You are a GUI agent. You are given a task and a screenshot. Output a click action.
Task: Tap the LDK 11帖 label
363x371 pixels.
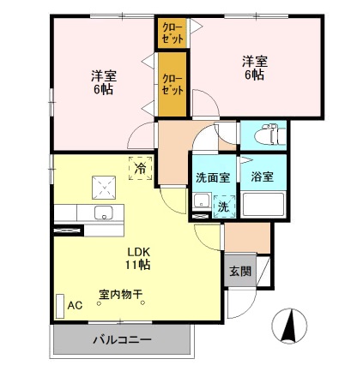(x=139, y=258)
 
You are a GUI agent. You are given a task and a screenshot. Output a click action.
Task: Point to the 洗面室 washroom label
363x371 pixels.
(x=211, y=177)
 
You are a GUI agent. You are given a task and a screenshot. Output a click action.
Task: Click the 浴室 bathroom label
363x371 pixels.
(x=262, y=177)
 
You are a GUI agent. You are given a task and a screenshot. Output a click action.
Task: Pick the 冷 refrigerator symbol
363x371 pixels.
(x=139, y=169)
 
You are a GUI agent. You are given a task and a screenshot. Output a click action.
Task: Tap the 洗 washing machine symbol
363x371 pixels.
(x=221, y=206)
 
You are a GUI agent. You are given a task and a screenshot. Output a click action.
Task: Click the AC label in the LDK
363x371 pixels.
(x=75, y=305)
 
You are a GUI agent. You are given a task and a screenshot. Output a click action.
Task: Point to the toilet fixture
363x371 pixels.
(x=264, y=134)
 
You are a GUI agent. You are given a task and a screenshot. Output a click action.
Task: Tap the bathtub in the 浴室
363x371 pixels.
(x=264, y=204)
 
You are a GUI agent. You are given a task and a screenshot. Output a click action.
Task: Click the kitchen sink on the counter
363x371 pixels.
(x=104, y=212)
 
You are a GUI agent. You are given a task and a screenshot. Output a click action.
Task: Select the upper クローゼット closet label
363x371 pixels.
(x=172, y=35)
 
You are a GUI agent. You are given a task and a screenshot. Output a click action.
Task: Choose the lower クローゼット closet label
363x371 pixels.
(x=172, y=85)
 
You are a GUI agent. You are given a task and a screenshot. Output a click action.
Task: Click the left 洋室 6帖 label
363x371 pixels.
(x=103, y=81)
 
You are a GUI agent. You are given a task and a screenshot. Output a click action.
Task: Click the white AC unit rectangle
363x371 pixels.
(x=59, y=306)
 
